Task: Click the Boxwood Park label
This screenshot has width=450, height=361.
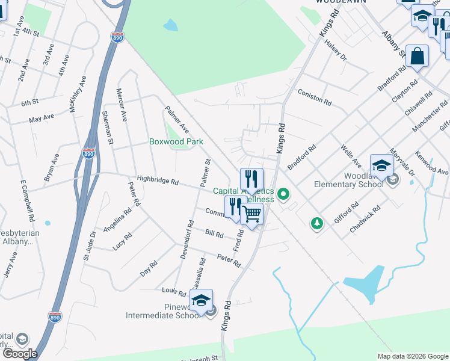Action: [x=176, y=142]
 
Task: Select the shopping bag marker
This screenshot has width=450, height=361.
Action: [x=417, y=56]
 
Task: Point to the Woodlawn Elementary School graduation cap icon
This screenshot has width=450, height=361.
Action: [x=381, y=165]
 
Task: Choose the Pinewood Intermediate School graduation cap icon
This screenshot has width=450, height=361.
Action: [x=202, y=300]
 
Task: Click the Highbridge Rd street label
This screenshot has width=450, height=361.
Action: [x=158, y=180]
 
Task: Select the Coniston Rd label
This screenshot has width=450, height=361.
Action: [x=315, y=99]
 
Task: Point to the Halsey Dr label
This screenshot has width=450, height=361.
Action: [x=336, y=49]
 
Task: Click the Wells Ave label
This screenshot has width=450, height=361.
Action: [x=350, y=155]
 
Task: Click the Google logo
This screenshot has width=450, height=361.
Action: [x=20, y=354]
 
